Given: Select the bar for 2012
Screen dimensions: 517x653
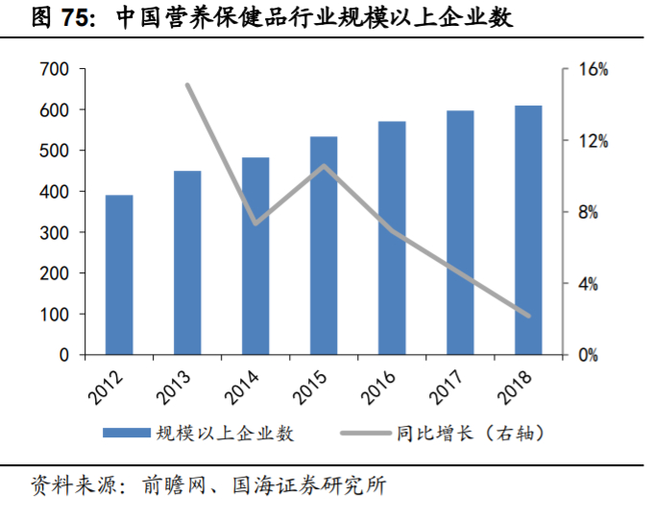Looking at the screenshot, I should coord(119,274).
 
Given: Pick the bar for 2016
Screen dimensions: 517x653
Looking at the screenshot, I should coord(392,238).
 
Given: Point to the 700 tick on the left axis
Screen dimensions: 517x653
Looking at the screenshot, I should coord(55,70).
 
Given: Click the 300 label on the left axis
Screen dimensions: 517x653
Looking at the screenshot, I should coord(55,233).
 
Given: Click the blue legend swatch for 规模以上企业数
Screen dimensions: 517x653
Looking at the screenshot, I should coord(125,433).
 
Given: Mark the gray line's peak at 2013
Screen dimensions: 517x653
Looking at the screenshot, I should coord(187,84).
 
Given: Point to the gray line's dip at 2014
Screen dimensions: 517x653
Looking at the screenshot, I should coord(255,223).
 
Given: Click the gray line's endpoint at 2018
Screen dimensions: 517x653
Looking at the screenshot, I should coord(528,316).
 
